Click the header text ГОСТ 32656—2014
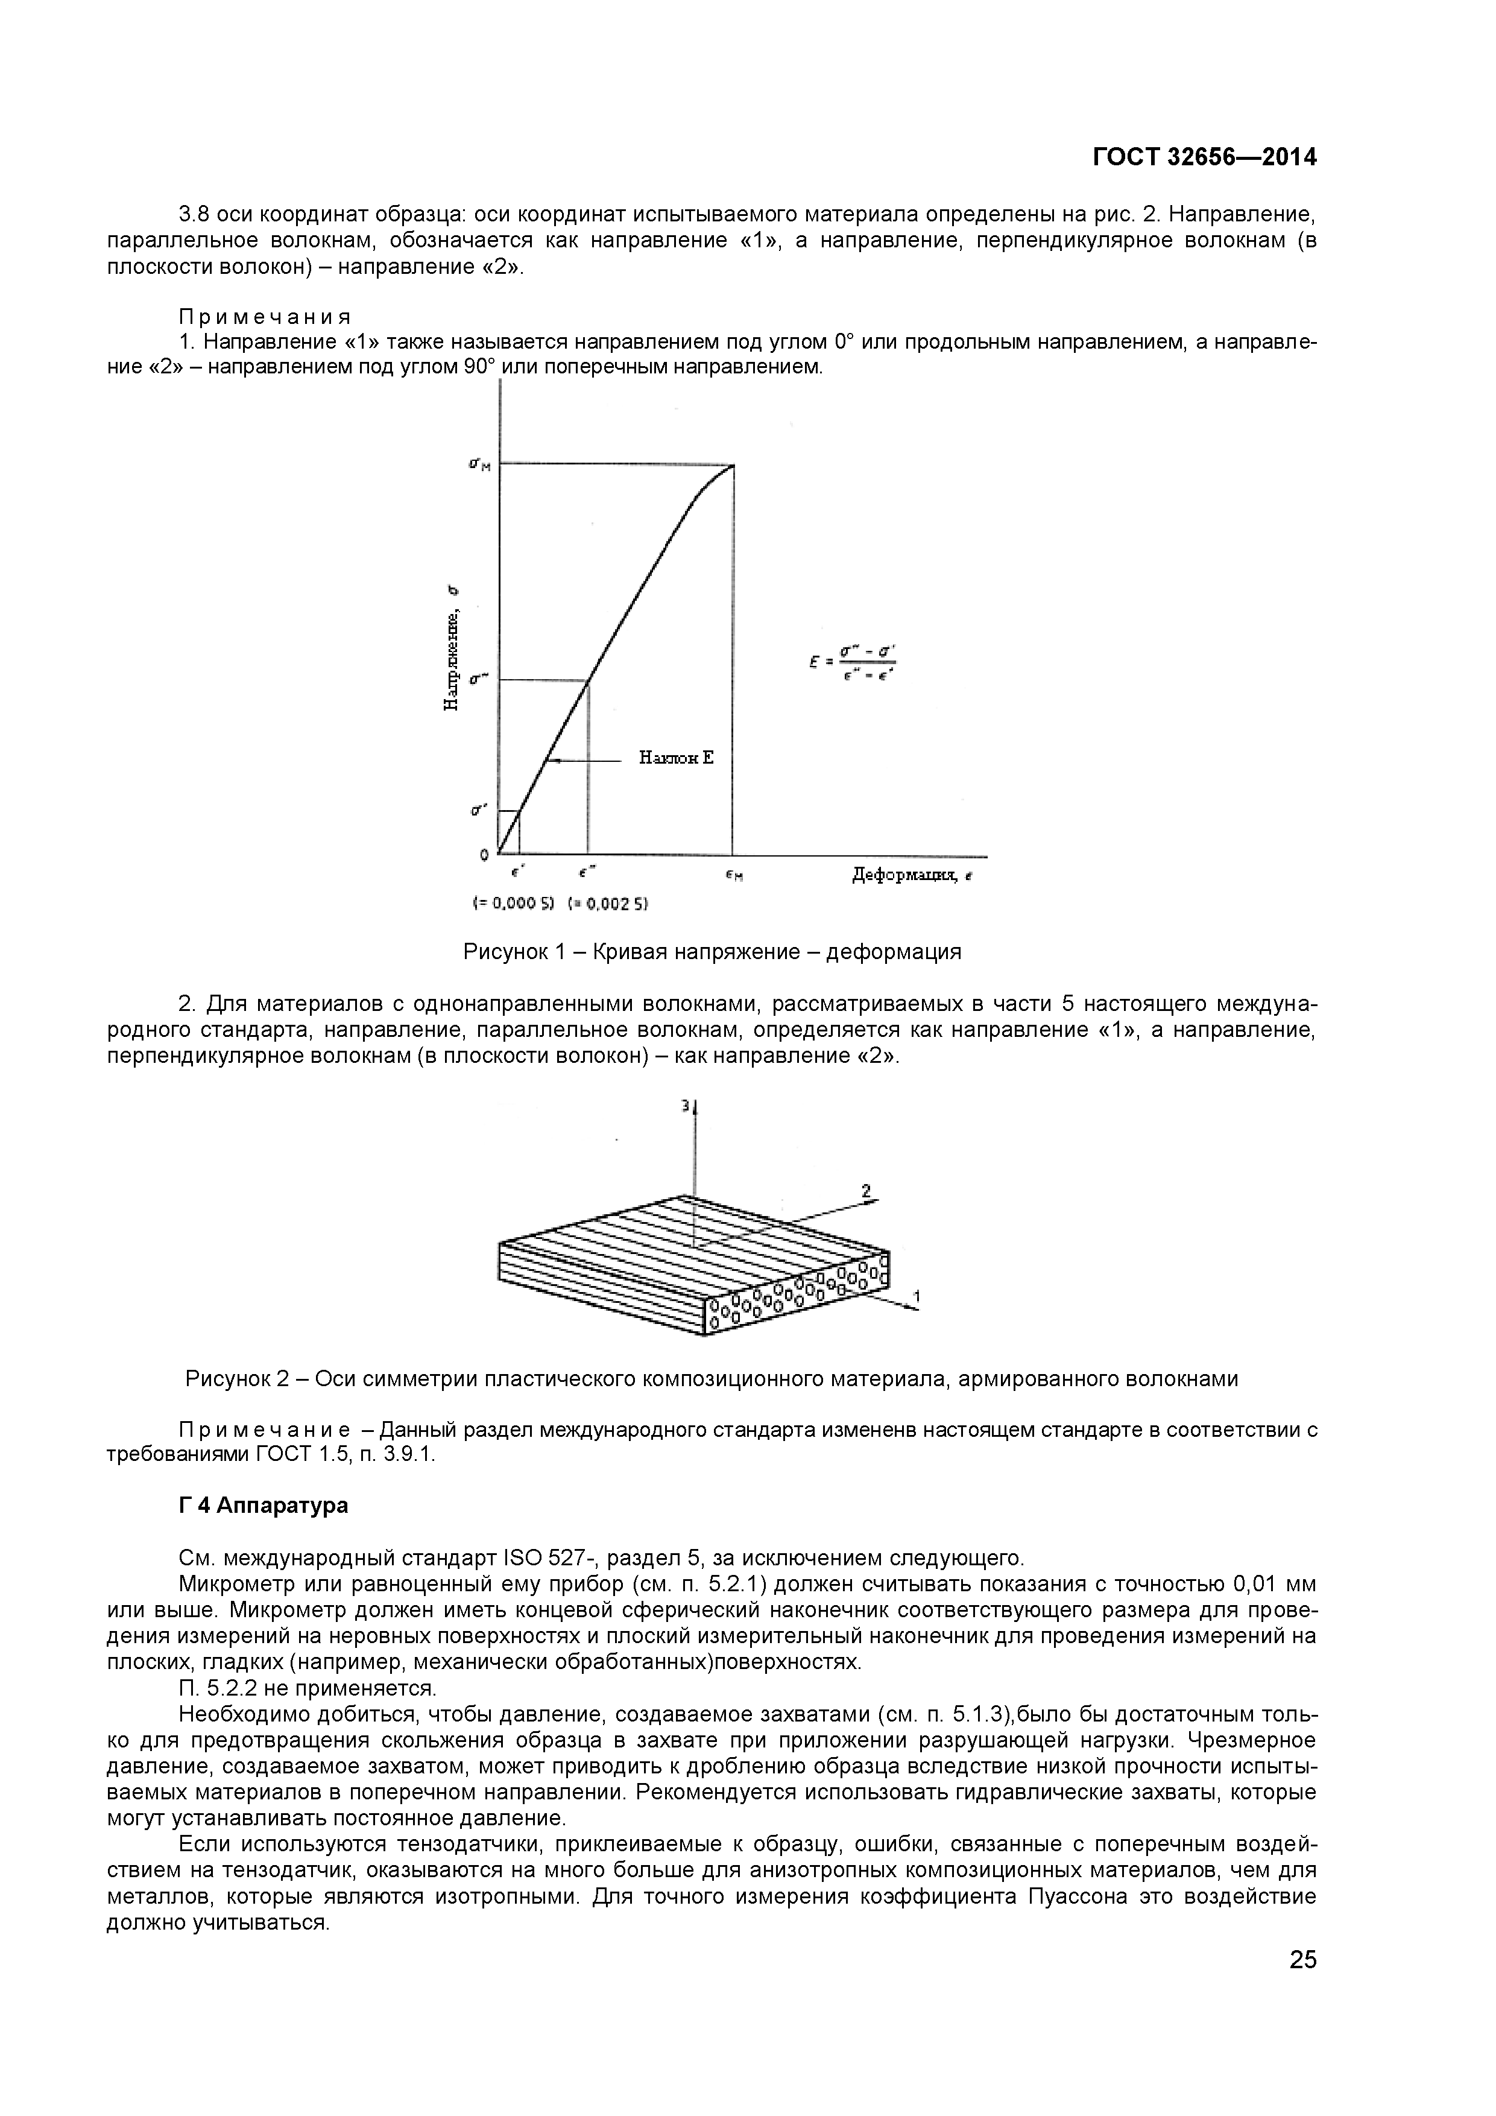point(1204,157)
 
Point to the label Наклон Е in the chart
point(676,758)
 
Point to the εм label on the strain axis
point(734,876)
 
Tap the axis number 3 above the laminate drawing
point(686,1105)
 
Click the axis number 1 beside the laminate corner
point(916,1297)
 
